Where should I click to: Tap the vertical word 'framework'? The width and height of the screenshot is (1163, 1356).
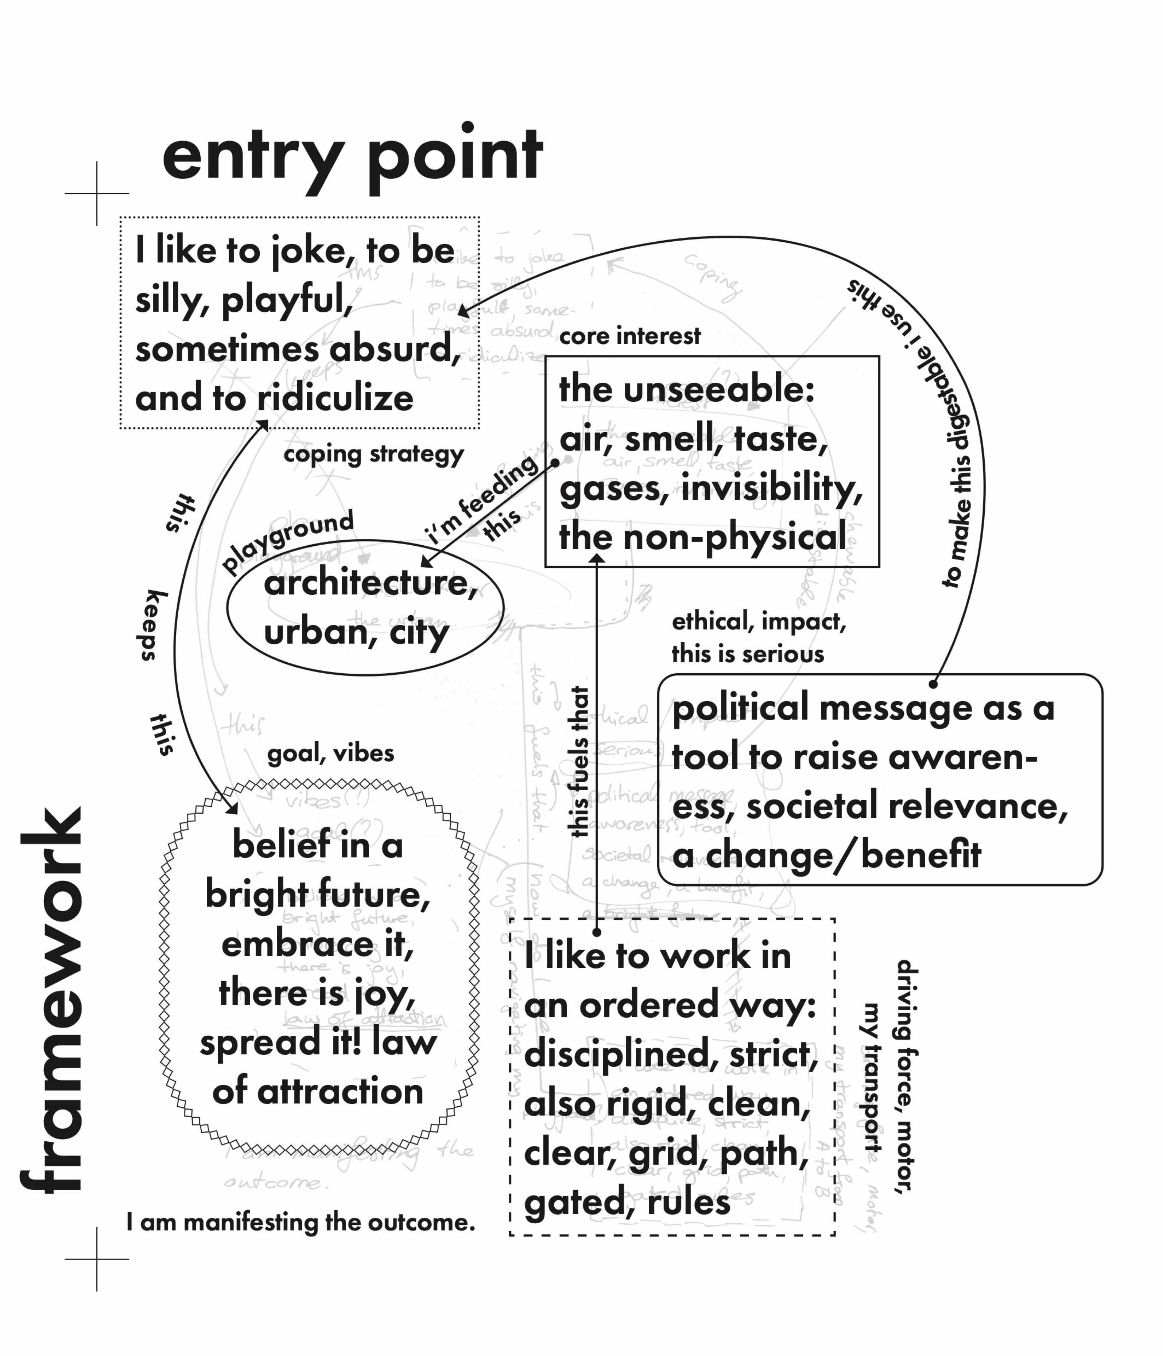(x=53, y=1000)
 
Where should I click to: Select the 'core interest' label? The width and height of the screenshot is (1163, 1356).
(x=629, y=336)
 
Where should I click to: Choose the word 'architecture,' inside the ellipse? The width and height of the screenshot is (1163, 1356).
(x=371, y=582)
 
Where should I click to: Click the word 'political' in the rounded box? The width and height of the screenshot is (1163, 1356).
(x=740, y=708)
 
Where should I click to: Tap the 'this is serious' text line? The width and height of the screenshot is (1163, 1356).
(x=747, y=654)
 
